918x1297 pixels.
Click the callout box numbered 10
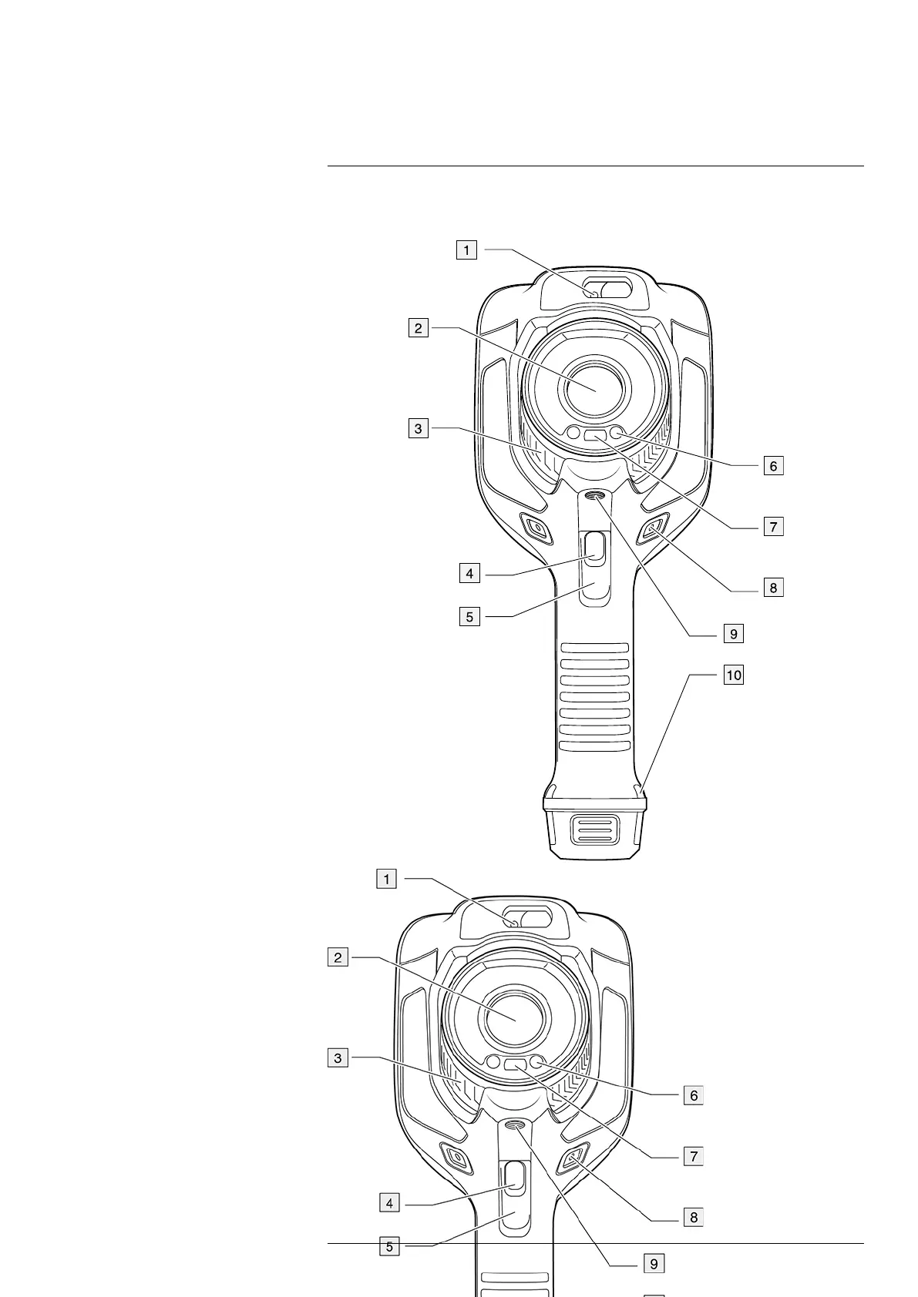pyautogui.click(x=733, y=675)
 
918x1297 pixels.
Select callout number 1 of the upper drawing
pyautogui.click(x=466, y=250)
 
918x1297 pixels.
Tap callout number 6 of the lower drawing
pyautogui.click(x=694, y=1095)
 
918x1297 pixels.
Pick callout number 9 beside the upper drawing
pyautogui.click(x=733, y=633)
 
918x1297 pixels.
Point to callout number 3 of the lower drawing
pyautogui.click(x=338, y=1058)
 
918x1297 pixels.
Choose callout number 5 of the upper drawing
pyautogui.click(x=469, y=617)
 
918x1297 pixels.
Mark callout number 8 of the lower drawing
pyautogui.click(x=694, y=1217)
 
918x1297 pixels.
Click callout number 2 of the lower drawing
pyautogui.click(x=338, y=957)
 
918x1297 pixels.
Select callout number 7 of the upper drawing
pyautogui.click(x=773, y=527)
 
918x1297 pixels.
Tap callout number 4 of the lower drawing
pyautogui.click(x=389, y=1203)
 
